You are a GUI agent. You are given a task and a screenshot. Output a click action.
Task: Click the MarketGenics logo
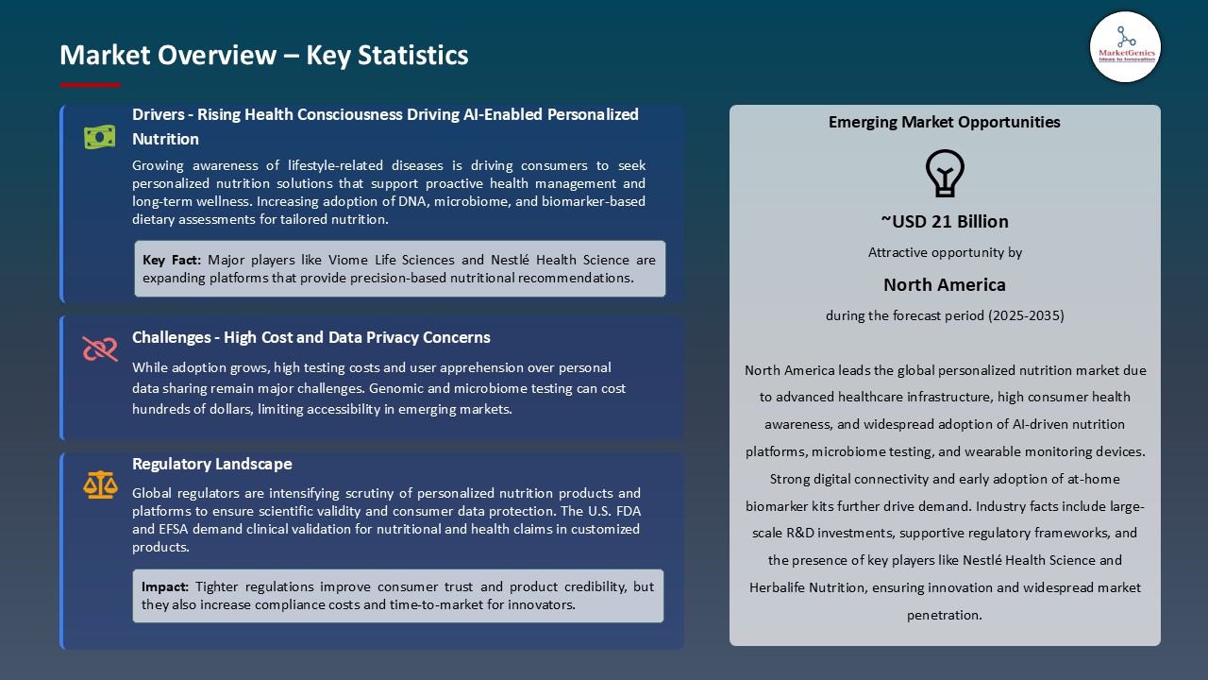pyautogui.click(x=1125, y=47)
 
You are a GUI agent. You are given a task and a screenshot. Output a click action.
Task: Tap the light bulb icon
pyautogui.click(x=945, y=173)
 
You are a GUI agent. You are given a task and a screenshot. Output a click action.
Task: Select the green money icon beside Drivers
pyautogui.click(x=99, y=138)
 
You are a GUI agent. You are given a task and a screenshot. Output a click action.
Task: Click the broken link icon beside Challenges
pyautogui.click(x=99, y=349)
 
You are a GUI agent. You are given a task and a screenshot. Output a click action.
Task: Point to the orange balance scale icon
pyautogui.click(x=100, y=484)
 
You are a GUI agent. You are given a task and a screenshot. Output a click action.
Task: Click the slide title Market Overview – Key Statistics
pyautogui.click(x=264, y=55)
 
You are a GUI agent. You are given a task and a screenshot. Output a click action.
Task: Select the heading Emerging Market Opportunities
pyautogui.click(x=945, y=122)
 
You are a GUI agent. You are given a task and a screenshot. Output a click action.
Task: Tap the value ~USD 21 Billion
pyautogui.click(x=945, y=221)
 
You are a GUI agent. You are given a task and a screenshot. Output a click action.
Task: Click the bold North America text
pyautogui.click(x=945, y=284)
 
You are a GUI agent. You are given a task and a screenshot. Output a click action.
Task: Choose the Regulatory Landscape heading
pyautogui.click(x=212, y=464)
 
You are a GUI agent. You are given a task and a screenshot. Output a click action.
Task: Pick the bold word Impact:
pyautogui.click(x=165, y=586)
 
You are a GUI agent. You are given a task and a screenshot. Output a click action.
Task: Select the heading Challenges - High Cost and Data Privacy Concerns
pyautogui.click(x=311, y=337)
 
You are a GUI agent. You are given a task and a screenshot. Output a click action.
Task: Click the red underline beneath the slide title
pyautogui.click(x=91, y=85)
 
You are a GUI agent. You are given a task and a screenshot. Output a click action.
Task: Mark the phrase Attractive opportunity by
pyautogui.click(x=945, y=252)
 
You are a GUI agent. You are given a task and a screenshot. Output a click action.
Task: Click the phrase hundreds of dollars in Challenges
pyautogui.click(x=187, y=409)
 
